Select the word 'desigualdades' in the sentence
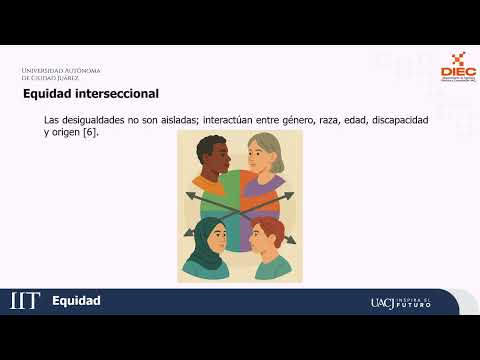point(100,120)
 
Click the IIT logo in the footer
point(24,301)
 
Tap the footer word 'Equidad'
point(76,301)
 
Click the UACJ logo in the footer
point(382,302)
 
